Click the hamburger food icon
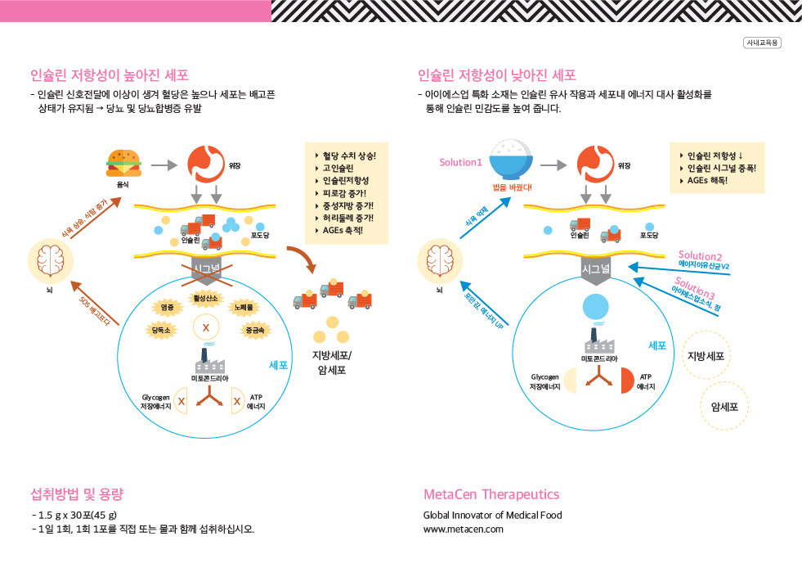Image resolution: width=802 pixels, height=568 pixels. click(x=123, y=162)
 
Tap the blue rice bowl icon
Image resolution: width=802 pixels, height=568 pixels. click(x=512, y=160)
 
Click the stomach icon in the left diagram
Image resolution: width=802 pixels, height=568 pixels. click(x=205, y=164)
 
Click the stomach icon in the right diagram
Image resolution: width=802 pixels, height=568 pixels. click(x=595, y=164)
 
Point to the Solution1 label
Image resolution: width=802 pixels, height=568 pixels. click(x=461, y=162)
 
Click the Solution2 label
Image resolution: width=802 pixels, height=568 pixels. click(x=700, y=255)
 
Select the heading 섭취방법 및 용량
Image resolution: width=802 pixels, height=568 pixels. click(x=77, y=494)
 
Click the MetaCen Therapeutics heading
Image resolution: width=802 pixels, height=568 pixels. click(x=491, y=494)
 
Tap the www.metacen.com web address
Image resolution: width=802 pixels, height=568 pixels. click(x=464, y=529)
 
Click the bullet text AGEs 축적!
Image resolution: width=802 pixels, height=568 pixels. click(x=343, y=231)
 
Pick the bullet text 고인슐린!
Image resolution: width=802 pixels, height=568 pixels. click(x=338, y=168)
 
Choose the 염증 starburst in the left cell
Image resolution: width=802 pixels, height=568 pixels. click(x=167, y=307)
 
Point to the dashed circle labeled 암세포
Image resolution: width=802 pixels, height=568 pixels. click(x=724, y=405)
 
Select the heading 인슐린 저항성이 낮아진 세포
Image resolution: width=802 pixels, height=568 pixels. click(x=496, y=75)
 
